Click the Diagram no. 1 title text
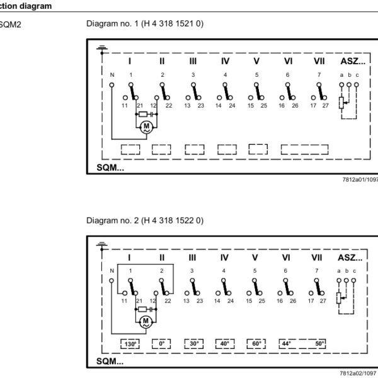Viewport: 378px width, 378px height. pyautogui.click(x=144, y=24)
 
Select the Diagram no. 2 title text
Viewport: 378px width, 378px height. pyautogui.click(x=144, y=220)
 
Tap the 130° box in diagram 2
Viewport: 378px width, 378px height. pyautogui.click(x=130, y=344)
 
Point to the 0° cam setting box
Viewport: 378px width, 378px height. pyautogui.click(x=162, y=344)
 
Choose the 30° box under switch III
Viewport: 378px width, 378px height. pyautogui.click(x=193, y=344)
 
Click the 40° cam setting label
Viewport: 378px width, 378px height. pyautogui.click(x=225, y=344)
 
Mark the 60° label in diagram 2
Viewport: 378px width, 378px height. pyautogui.click(x=257, y=344)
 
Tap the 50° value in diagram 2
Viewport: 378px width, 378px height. pyautogui.click(x=320, y=344)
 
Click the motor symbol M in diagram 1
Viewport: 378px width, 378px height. pyautogui.click(x=147, y=127)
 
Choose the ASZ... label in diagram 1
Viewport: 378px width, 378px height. pyautogui.click(x=351, y=61)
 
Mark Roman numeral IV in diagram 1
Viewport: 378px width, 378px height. pyautogui.click(x=225, y=61)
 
